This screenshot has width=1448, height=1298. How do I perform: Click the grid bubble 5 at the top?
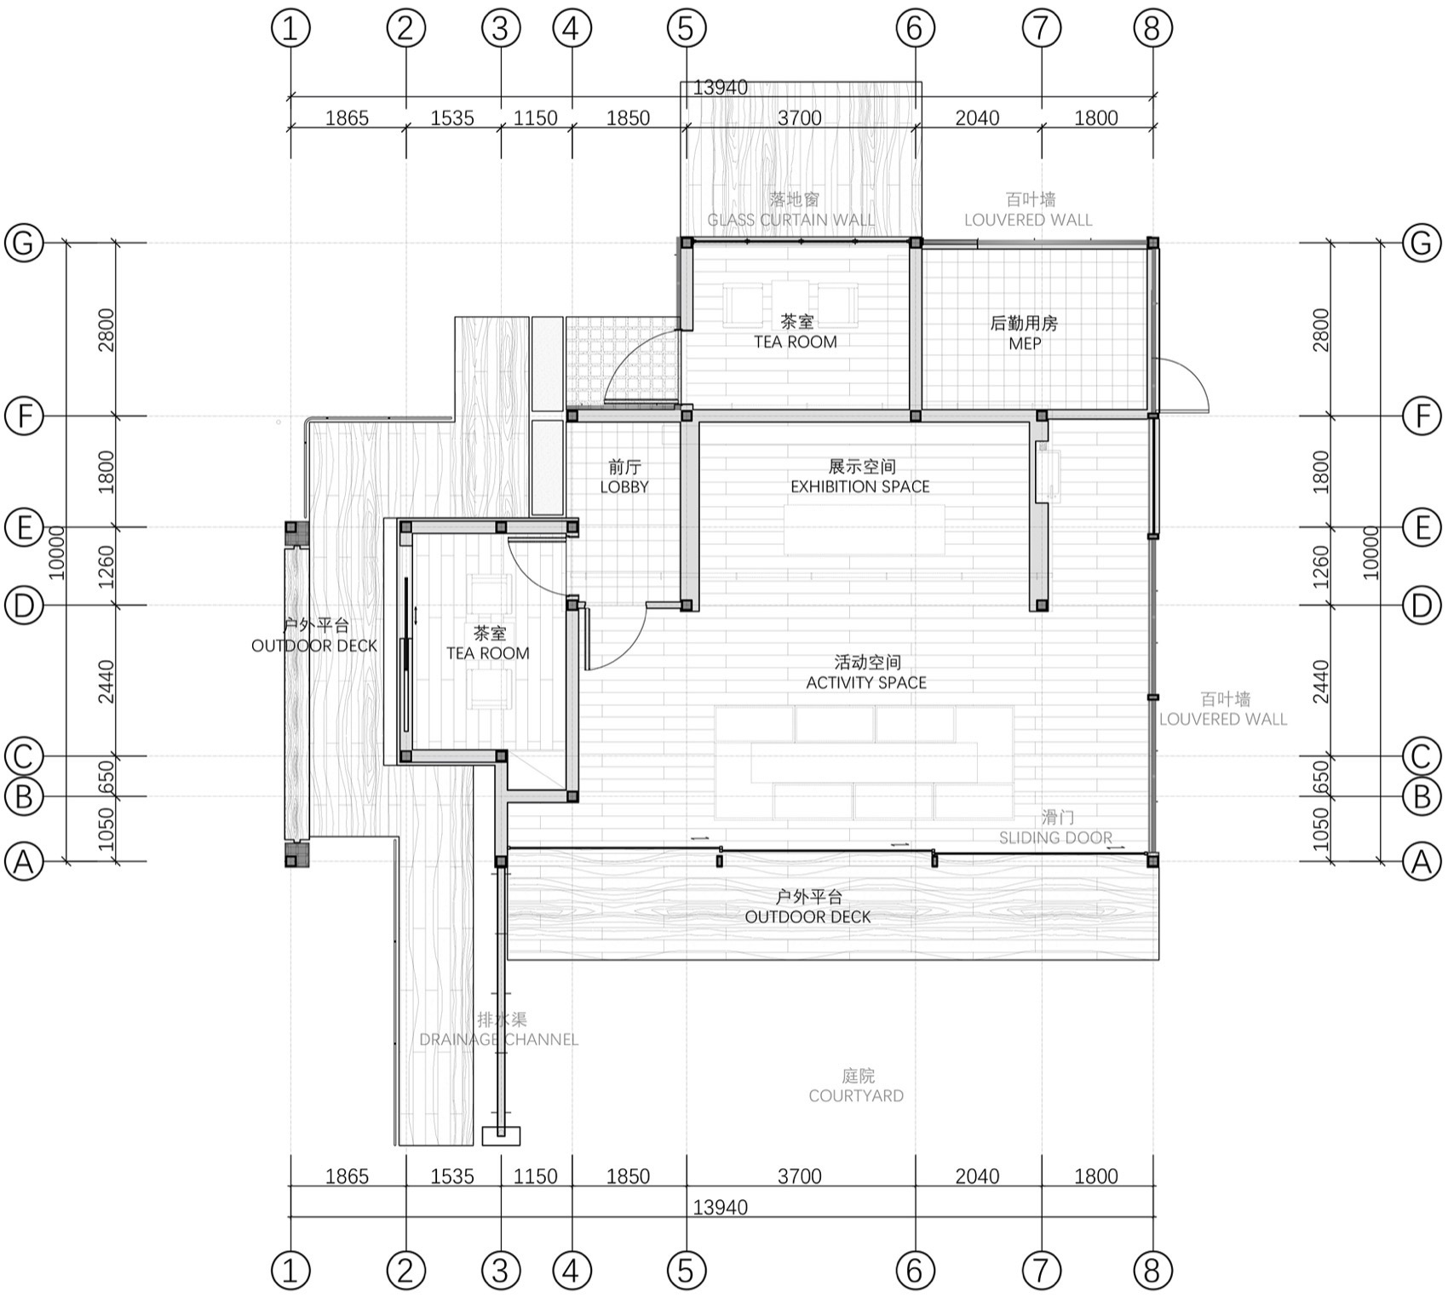click(686, 28)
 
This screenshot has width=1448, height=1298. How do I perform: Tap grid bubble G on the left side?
click(24, 243)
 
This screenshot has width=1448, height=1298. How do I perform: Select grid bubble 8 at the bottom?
click(1152, 1271)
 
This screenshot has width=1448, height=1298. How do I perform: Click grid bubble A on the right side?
click(1422, 862)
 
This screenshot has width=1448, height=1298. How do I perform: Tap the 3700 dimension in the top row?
click(799, 118)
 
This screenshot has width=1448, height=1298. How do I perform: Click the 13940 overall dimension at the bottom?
click(720, 1208)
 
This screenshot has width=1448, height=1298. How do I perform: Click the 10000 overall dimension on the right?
click(1370, 552)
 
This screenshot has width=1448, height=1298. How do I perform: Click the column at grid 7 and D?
click(1041, 606)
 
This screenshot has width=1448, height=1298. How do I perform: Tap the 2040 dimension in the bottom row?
click(976, 1177)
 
